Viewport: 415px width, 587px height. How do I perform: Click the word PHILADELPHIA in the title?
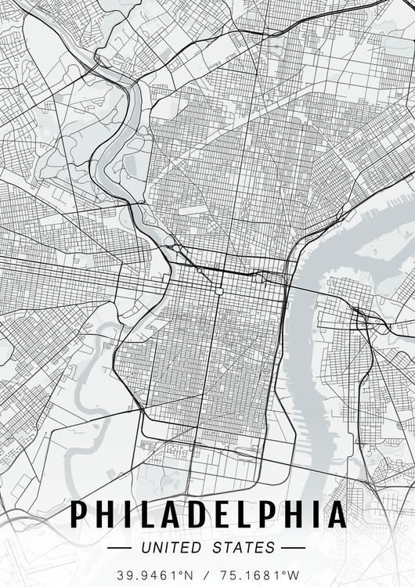208,514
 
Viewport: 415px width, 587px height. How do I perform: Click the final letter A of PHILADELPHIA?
336,514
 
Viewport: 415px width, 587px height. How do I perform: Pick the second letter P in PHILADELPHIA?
271,514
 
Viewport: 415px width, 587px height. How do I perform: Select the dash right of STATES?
293,547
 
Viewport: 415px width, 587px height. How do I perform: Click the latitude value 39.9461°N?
154,574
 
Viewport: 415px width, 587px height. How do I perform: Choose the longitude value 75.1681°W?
262,574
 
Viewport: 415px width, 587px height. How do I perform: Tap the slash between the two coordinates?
208,574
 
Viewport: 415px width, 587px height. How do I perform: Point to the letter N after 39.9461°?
188,574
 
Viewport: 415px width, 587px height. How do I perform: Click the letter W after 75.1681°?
295,574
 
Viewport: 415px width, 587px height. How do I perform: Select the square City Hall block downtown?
220,290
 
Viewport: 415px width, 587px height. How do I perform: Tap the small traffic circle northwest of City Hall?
200,271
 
